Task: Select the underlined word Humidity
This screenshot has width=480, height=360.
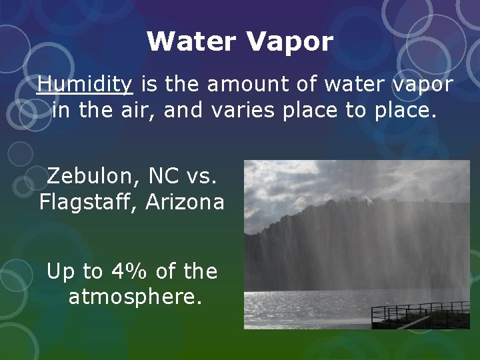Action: click(x=85, y=85)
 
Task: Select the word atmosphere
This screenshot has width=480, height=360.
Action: click(x=135, y=297)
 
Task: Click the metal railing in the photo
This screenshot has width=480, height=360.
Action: click(x=420, y=311)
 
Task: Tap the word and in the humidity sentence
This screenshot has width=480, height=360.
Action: click(x=183, y=110)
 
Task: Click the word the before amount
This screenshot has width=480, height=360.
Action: click(x=182, y=85)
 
